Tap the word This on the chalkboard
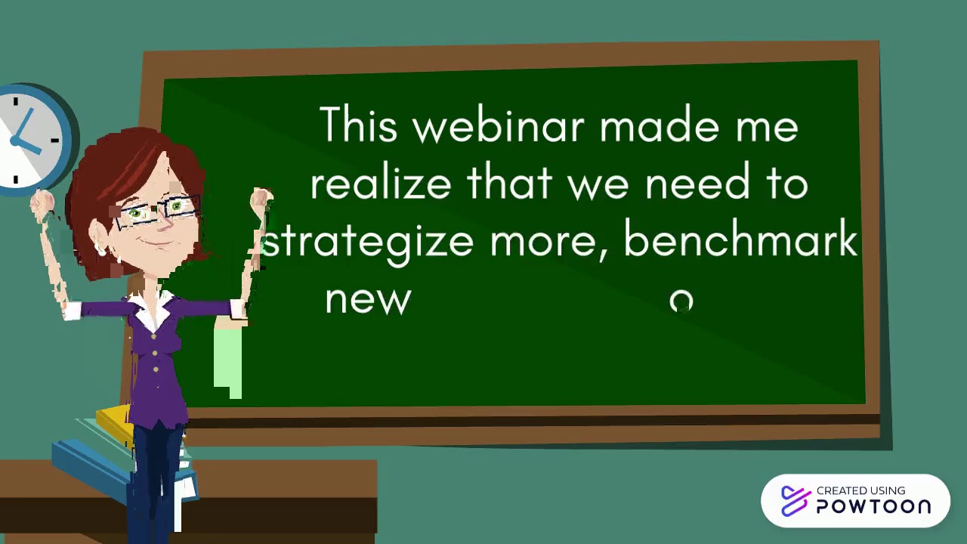tap(358, 125)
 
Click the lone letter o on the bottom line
tap(681, 301)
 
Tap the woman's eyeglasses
tap(159, 211)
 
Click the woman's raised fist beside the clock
tap(42, 202)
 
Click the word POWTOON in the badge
tap(873, 506)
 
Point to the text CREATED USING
tap(860, 490)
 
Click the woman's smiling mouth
tap(156, 240)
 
